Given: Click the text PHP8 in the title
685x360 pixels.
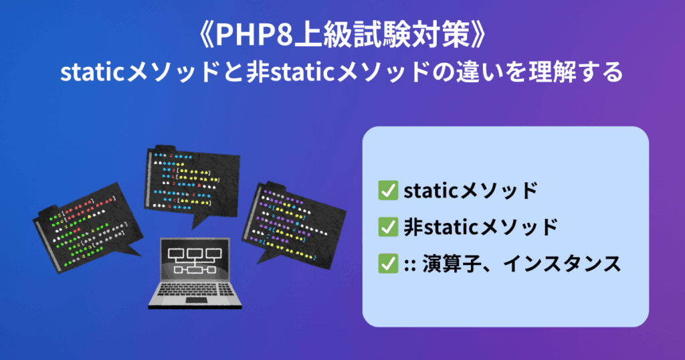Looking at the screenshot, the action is coord(254,35).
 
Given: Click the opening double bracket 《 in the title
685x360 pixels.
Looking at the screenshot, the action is coord(205,35).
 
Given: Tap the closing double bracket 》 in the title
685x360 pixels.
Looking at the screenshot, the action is coord(478,35).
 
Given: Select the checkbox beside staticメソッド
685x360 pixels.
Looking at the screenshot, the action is coord(388,191).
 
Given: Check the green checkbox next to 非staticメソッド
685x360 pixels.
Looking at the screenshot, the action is coord(388,228).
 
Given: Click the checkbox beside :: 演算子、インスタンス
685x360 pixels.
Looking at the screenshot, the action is coord(388,264).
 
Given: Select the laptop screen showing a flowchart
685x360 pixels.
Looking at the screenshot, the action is coord(195,260).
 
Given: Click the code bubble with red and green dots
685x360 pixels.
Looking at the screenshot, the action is coord(87,228).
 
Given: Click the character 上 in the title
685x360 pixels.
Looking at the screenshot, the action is coord(306,35).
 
